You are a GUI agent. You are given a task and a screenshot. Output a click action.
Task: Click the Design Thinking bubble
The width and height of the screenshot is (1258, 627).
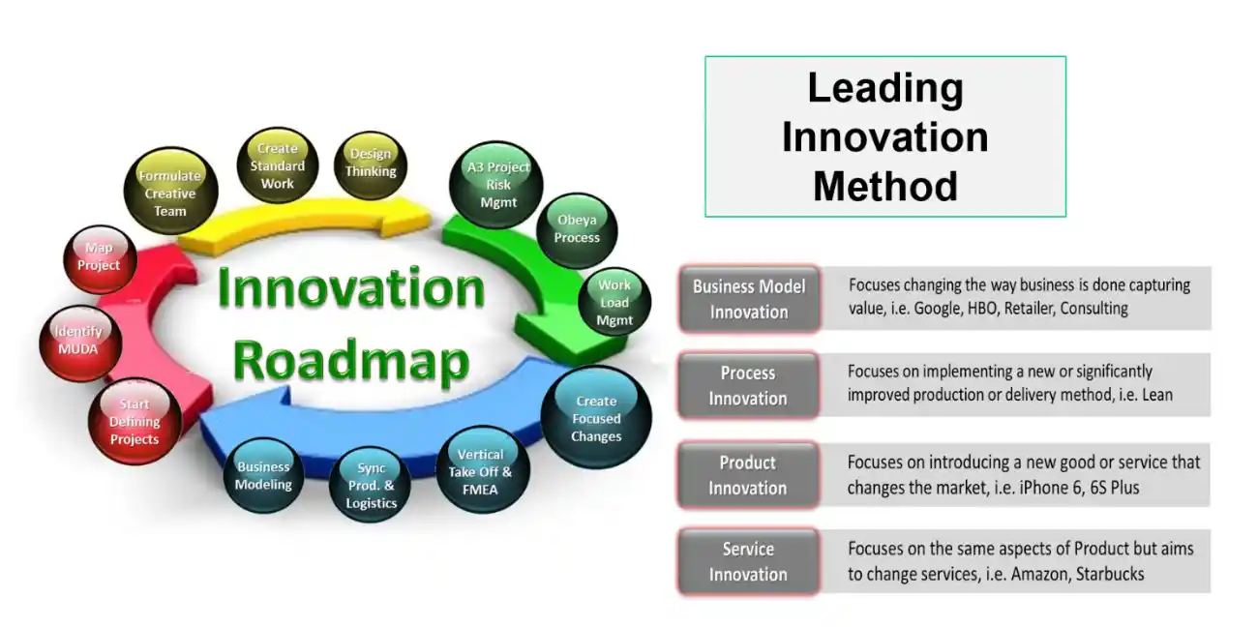(x=372, y=164)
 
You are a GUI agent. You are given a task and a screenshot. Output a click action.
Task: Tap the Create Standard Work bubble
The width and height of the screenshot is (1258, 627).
(x=277, y=166)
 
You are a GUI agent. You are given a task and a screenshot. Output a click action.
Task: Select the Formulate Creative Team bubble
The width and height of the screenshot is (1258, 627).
(x=170, y=193)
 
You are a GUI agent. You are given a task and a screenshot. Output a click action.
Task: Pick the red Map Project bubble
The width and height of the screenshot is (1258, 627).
(x=100, y=257)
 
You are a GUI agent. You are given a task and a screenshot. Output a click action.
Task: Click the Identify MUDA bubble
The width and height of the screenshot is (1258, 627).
(x=78, y=341)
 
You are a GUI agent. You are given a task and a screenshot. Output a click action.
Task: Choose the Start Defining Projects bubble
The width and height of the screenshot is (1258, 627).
(x=135, y=422)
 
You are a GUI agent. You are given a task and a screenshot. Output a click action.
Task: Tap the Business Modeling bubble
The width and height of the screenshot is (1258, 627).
(x=263, y=475)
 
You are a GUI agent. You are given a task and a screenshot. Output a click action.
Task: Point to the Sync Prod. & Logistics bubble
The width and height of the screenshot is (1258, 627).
(x=372, y=486)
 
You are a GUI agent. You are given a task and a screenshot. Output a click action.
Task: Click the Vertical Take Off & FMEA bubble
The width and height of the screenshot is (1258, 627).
(x=480, y=471)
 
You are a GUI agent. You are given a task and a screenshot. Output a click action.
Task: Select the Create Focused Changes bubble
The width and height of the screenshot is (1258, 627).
(x=596, y=418)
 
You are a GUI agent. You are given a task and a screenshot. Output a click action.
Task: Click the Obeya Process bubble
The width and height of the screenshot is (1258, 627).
(x=577, y=229)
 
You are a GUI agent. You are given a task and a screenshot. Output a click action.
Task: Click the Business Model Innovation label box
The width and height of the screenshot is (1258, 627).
(x=749, y=299)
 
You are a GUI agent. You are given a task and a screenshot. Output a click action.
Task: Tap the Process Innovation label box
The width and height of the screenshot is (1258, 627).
(x=748, y=385)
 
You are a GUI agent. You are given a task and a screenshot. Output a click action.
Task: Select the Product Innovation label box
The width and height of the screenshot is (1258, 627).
(x=748, y=475)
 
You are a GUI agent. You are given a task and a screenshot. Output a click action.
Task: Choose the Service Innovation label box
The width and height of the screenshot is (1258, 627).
(x=748, y=561)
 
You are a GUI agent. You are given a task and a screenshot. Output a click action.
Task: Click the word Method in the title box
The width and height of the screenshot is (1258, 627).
(x=884, y=185)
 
